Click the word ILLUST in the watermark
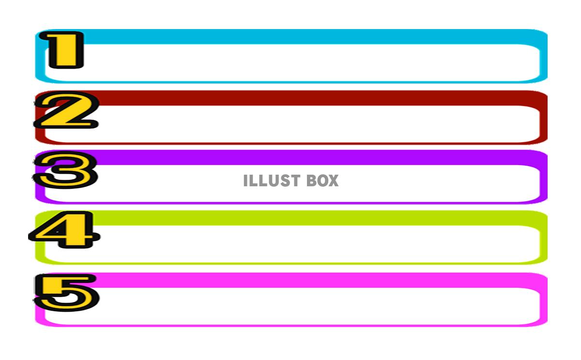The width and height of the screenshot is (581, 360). coord(271,181)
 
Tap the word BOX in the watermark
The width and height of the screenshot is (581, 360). coord(322,181)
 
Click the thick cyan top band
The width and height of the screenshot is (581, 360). coord(310,37)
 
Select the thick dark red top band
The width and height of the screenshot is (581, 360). coord(310,98)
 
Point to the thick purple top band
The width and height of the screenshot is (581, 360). coord(310,158)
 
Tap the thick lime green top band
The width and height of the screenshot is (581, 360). coord(310,218)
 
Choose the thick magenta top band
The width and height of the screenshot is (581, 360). coord(310,280)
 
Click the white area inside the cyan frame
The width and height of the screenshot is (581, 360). coord(310,63)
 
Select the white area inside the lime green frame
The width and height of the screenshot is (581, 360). coord(310,244)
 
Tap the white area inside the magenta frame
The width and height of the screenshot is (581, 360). coord(310,306)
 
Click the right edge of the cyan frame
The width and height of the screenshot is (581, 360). coord(544,60)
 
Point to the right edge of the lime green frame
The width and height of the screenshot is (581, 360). coord(544,242)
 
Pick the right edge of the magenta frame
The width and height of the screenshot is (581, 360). coord(544,304)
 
